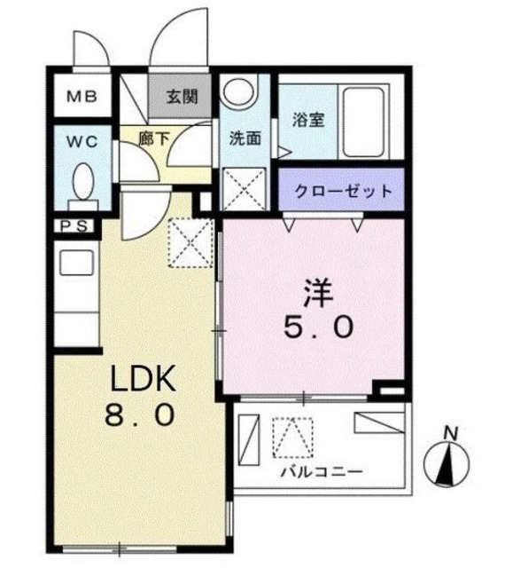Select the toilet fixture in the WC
tap(84, 182)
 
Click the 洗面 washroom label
tap(244, 138)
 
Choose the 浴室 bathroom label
tap(307, 119)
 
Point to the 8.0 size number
tap(144, 414)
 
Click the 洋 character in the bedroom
tap(320, 294)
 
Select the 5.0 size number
tap(320, 327)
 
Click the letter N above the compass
tap(451, 433)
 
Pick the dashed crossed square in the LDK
tap(189, 241)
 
